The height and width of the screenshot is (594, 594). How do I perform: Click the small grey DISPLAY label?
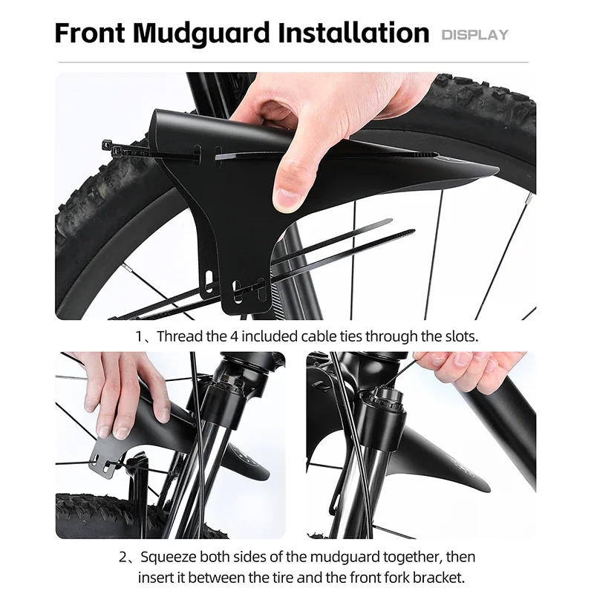(475, 34)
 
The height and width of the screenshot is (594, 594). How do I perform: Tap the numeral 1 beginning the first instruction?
(139, 336)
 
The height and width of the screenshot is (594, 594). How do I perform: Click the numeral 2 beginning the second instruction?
(124, 556)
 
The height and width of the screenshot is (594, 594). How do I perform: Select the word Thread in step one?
(180, 336)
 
